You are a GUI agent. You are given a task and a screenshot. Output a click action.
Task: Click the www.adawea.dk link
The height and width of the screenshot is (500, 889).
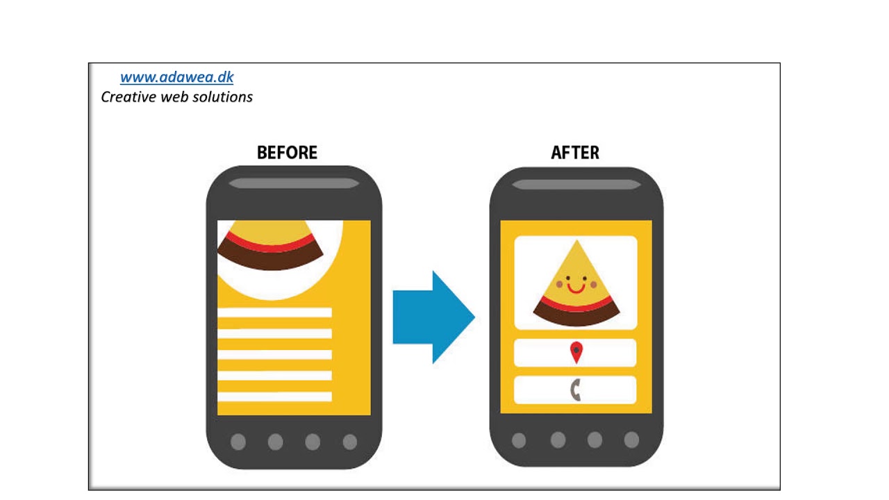click(x=176, y=77)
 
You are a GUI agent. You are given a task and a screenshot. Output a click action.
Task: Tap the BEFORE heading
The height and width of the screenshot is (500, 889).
click(x=287, y=152)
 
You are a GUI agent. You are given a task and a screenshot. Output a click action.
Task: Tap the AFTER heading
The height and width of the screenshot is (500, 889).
click(x=575, y=152)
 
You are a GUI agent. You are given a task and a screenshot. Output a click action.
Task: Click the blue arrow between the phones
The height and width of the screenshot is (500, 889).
click(x=433, y=317)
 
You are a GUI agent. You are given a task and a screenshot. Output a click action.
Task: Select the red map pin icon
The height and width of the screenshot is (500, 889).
click(x=576, y=352)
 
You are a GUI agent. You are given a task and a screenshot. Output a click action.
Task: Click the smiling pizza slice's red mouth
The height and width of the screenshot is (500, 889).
click(x=576, y=288)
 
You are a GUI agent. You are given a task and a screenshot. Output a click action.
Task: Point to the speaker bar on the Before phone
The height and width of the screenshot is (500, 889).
click(x=294, y=183)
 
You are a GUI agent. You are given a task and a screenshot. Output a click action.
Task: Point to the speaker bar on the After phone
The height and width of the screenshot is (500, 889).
click(x=576, y=185)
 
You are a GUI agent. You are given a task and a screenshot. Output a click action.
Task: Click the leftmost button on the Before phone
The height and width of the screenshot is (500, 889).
click(x=238, y=442)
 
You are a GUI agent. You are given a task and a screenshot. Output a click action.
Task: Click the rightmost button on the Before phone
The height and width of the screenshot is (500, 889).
click(x=349, y=442)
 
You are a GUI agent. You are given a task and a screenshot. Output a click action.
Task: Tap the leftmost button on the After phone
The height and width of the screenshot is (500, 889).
click(x=519, y=440)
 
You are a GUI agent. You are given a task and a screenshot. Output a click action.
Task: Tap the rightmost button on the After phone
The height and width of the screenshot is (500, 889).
click(x=631, y=440)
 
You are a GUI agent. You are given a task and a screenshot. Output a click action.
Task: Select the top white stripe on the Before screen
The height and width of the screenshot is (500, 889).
click(x=274, y=312)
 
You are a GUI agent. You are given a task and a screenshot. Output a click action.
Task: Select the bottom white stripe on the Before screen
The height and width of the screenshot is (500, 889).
click(x=274, y=397)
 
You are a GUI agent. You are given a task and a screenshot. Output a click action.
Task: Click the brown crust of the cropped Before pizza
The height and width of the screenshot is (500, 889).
click(x=270, y=259)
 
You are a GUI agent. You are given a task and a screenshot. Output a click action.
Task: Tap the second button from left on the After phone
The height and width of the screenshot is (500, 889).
click(x=558, y=440)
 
